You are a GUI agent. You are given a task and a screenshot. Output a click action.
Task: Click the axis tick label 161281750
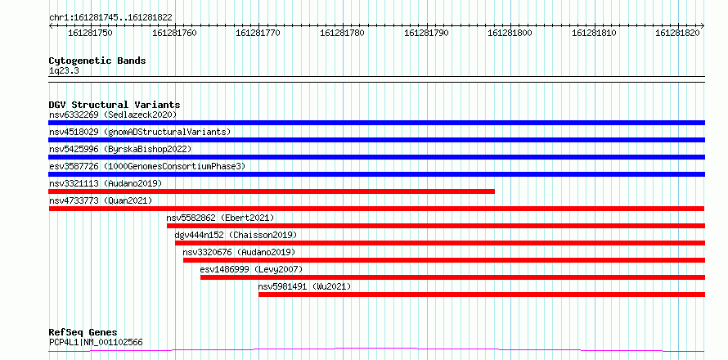90,33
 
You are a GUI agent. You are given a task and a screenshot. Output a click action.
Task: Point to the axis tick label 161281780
342,33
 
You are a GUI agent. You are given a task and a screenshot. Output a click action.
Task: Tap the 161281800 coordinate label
510,33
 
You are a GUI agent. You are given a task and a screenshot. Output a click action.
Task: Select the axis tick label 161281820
677,33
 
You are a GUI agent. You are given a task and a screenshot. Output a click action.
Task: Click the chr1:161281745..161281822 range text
110,18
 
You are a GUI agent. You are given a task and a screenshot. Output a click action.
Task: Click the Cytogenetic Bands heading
97,61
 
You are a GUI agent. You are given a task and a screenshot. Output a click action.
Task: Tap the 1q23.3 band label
64,71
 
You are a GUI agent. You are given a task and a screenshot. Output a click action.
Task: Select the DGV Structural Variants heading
115,105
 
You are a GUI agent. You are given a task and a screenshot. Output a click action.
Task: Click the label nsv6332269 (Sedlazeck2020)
113,115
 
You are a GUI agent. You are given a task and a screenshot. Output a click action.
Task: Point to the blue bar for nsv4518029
376,140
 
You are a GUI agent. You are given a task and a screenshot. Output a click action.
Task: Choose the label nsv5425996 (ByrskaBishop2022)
119,149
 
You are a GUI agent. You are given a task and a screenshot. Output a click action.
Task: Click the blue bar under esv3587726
376,174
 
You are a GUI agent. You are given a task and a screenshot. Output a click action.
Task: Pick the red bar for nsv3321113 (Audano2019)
272,191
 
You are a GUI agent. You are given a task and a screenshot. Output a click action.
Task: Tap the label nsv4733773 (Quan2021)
101,200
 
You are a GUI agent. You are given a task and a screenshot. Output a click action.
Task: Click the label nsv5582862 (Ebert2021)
220,218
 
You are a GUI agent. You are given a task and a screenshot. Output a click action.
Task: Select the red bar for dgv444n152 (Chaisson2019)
440,243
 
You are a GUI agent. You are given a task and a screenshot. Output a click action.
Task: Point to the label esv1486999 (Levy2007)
251,269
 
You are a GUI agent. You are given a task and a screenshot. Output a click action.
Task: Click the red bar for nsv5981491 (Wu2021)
482,295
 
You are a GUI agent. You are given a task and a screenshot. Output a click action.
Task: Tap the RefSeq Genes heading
83,333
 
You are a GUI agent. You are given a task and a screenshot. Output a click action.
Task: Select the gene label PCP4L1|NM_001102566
96,343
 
